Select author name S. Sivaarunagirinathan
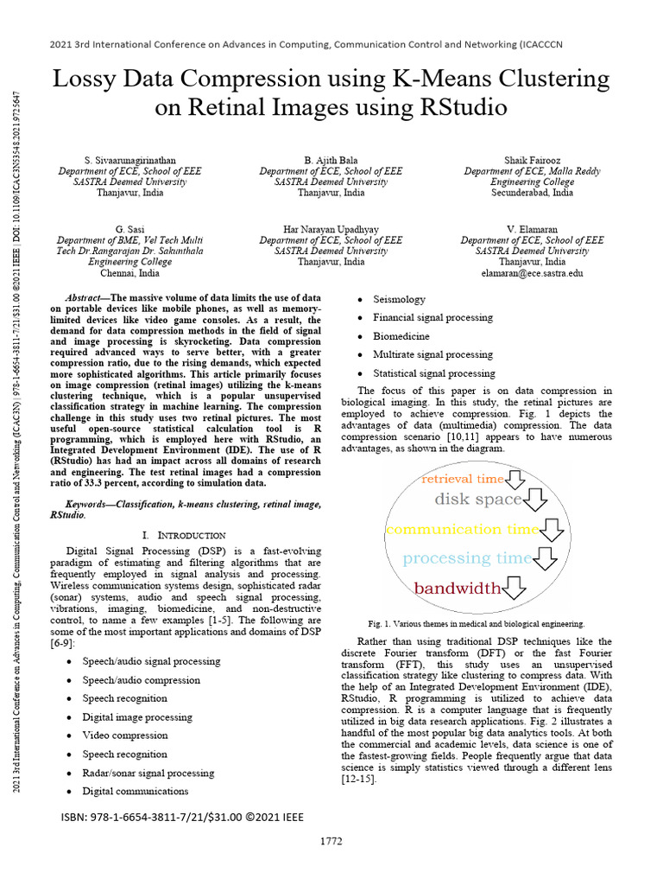pyautogui.click(x=129, y=161)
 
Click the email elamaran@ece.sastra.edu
pyautogui.click(x=532, y=272)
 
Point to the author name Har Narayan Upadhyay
pyautogui.click(x=331, y=229)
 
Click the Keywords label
pyautogui.click(x=91, y=503)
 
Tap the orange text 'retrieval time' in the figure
pyautogui.click(x=462, y=479)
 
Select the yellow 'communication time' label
pyautogui.click(x=462, y=529)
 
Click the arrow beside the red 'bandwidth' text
pyautogui.click(x=515, y=589)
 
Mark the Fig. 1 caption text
pyautogui.click(x=476, y=623)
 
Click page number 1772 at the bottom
pyautogui.click(x=331, y=841)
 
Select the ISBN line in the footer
pyautogui.click(x=182, y=817)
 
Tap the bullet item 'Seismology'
pyautogui.click(x=399, y=299)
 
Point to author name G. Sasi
pyautogui.click(x=129, y=229)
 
